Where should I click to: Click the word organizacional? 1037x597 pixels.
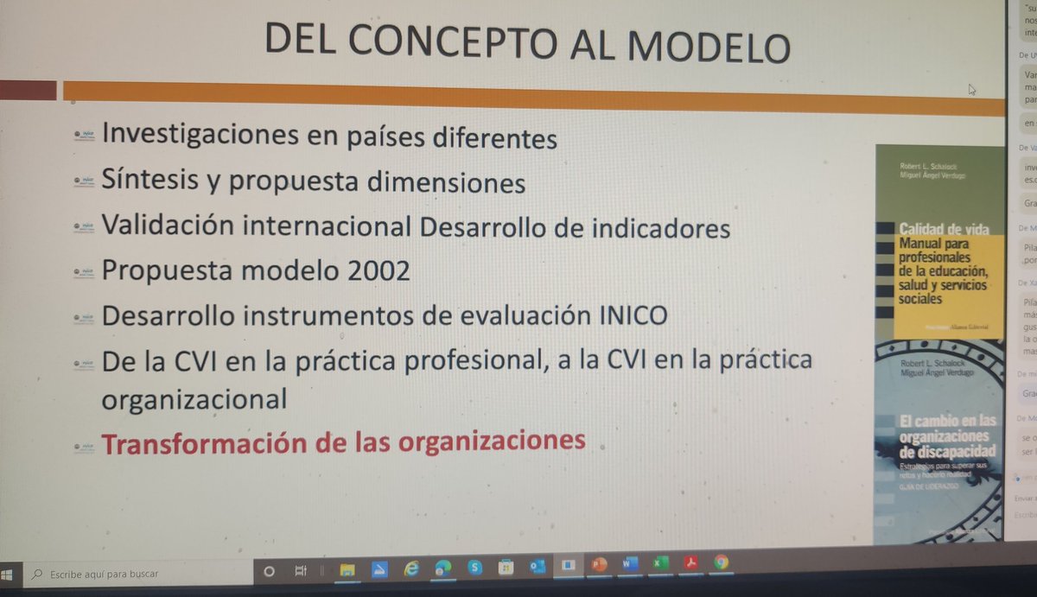coord(194,400)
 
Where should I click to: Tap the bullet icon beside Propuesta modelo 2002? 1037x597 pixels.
coord(84,270)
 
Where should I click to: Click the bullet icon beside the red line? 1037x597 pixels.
coord(84,447)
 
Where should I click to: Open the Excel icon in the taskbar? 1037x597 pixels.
coord(659,564)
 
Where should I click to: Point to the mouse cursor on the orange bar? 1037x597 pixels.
coord(972,88)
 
